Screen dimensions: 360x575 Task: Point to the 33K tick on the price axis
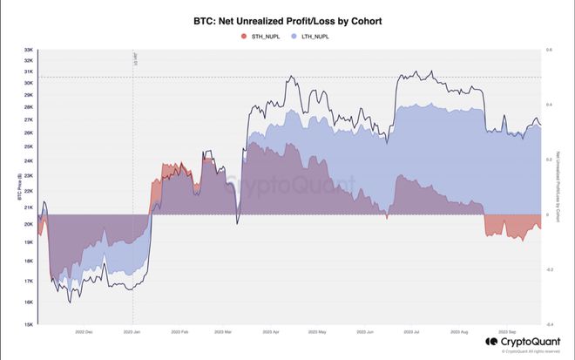point(28,51)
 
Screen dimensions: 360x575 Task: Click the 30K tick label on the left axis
point(28,83)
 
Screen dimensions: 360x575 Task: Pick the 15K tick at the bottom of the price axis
point(28,324)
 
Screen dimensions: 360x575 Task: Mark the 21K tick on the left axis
point(28,207)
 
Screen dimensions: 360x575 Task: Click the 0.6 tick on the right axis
point(549,51)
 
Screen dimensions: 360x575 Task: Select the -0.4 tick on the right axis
point(549,324)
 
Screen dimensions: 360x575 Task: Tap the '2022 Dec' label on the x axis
point(85,331)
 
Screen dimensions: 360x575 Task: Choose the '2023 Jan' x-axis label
point(133,331)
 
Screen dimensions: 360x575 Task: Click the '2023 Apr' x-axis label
point(272,331)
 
